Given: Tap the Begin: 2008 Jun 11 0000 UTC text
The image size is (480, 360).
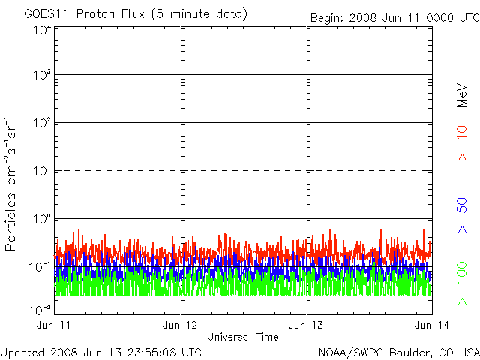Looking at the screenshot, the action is (395, 18).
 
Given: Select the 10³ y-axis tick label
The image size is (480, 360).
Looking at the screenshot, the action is (42, 75).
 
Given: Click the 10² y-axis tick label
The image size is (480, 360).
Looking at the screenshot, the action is (42, 123).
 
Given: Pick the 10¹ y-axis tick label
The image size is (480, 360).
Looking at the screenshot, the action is (42, 171).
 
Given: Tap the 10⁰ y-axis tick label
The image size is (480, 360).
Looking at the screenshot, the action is (42, 219).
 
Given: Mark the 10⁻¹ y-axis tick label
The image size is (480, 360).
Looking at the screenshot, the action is (40, 267).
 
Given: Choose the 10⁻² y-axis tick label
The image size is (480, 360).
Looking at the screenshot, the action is (40, 310).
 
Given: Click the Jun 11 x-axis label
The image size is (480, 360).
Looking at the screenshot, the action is (53, 325).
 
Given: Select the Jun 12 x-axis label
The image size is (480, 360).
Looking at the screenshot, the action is (180, 325).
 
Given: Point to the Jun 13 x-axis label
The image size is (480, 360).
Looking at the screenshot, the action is (306, 325).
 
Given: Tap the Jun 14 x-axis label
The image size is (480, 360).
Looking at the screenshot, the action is (432, 325).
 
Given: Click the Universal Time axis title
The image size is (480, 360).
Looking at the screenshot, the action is (243, 337).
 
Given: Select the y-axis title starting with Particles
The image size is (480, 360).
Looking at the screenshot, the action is (10, 184).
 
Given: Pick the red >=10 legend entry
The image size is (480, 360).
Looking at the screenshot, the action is (462, 143).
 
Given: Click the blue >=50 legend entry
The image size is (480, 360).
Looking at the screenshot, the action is (462, 215).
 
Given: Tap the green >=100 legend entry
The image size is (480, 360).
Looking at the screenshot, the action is (462, 283).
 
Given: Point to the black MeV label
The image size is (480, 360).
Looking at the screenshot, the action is (462, 95).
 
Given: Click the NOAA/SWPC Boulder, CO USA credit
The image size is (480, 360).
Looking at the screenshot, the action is (399, 352).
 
